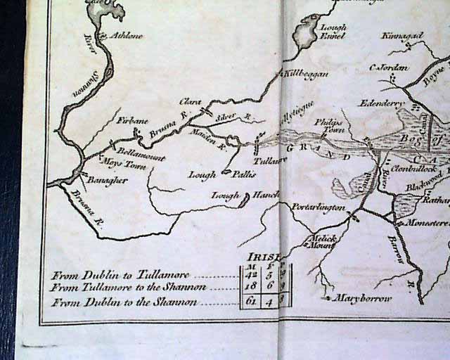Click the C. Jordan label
[389, 67]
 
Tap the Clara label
[190, 101]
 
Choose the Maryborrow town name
[364, 297]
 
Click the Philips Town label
[328, 125]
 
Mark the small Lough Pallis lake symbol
[226, 171]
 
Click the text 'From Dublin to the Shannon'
[123, 302]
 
